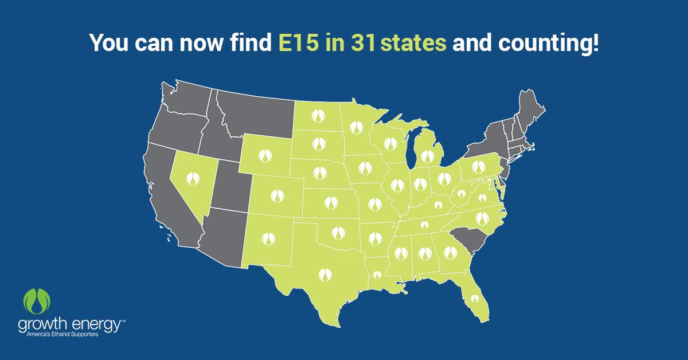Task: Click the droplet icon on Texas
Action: (x=325, y=274)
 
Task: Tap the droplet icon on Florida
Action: (x=474, y=298)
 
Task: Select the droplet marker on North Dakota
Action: (x=318, y=116)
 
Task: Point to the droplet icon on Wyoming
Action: (x=264, y=154)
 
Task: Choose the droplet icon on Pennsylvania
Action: (x=480, y=168)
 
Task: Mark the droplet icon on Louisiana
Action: (x=377, y=275)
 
